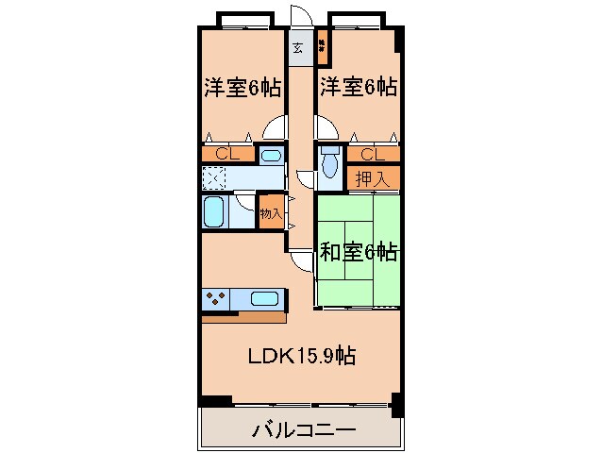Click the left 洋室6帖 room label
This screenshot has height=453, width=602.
[242, 89]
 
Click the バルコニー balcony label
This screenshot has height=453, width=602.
[303, 431]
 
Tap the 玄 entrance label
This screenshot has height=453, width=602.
[298, 48]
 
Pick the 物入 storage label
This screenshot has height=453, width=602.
[271, 214]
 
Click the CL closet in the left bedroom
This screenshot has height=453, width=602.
[226, 154]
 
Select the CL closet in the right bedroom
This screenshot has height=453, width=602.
[371, 154]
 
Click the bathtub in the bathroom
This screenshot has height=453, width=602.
[213, 211]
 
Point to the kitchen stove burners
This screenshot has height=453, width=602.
[213, 299]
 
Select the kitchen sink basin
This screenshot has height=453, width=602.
[265, 299]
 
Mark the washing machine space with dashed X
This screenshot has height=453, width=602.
[214, 177]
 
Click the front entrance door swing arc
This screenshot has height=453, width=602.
[300, 16]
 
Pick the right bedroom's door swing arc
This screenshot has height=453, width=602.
[324, 127]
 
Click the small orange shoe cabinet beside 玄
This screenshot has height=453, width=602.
[322, 42]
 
